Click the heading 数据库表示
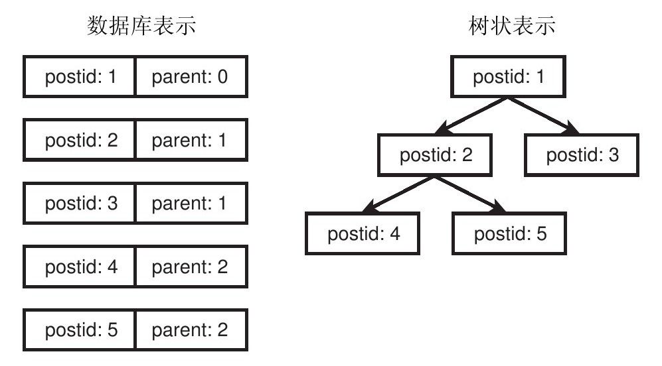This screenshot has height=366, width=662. point(141,25)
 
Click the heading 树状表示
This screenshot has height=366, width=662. point(512,25)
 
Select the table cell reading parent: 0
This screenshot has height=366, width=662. point(191,77)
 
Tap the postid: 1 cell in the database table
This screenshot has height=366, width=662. point(79,77)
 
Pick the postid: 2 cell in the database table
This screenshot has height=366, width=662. point(79,140)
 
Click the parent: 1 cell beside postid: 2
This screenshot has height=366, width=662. point(191,140)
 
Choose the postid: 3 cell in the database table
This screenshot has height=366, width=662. point(79,204)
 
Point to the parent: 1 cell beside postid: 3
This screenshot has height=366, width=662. point(191,204)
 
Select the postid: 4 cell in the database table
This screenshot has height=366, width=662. point(79,267)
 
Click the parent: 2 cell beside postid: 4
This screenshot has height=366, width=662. point(191,267)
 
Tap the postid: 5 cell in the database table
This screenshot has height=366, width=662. point(79,330)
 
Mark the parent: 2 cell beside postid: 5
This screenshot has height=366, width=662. point(191,330)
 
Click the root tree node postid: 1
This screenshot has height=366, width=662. point(509,77)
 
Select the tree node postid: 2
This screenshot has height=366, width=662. point(436,155)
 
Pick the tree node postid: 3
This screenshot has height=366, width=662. point(582,155)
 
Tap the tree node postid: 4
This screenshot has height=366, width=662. point(363,233)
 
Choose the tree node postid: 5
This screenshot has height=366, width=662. point(509,233)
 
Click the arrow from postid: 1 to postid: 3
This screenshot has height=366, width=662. point(544,116)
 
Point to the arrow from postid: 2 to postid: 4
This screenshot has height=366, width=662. point(398,194)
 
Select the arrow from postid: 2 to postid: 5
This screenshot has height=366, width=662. point(470,194)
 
